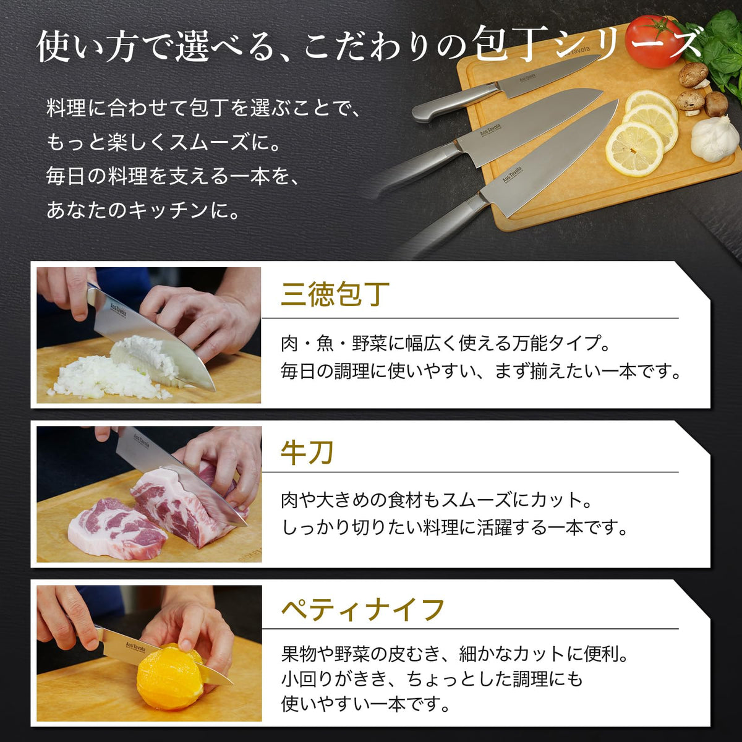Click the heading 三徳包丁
(x=335, y=294)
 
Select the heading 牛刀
(x=307, y=453)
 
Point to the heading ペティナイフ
(x=363, y=610)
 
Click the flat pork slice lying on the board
(x=117, y=529)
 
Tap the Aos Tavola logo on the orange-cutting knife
(x=135, y=646)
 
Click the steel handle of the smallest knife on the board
(x=454, y=102)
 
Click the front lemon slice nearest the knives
(x=634, y=148)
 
